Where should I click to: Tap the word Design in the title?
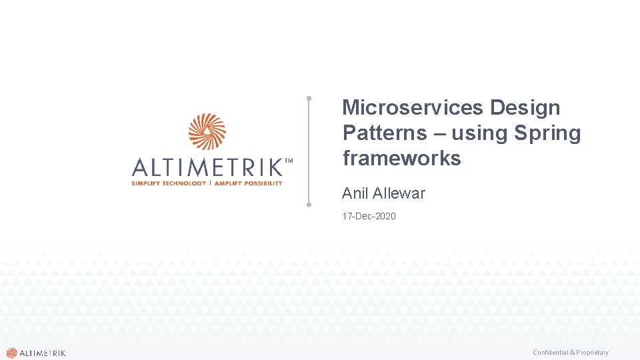tap(525, 107)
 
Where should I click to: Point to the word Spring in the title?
tap(547, 133)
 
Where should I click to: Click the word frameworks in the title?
tap(401, 158)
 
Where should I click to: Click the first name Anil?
tap(355, 193)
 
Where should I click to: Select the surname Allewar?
tap(399, 193)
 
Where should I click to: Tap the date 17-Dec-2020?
tap(369, 216)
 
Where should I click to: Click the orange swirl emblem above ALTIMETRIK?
tap(207, 132)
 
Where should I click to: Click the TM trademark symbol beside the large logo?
tap(289, 161)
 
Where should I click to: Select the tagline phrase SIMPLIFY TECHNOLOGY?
tap(169, 183)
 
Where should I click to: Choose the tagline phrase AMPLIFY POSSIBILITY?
tap(248, 183)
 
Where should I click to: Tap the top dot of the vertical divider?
tap(309, 98)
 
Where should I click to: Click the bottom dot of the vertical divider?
tap(309, 205)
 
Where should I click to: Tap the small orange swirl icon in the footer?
tap(11, 353)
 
